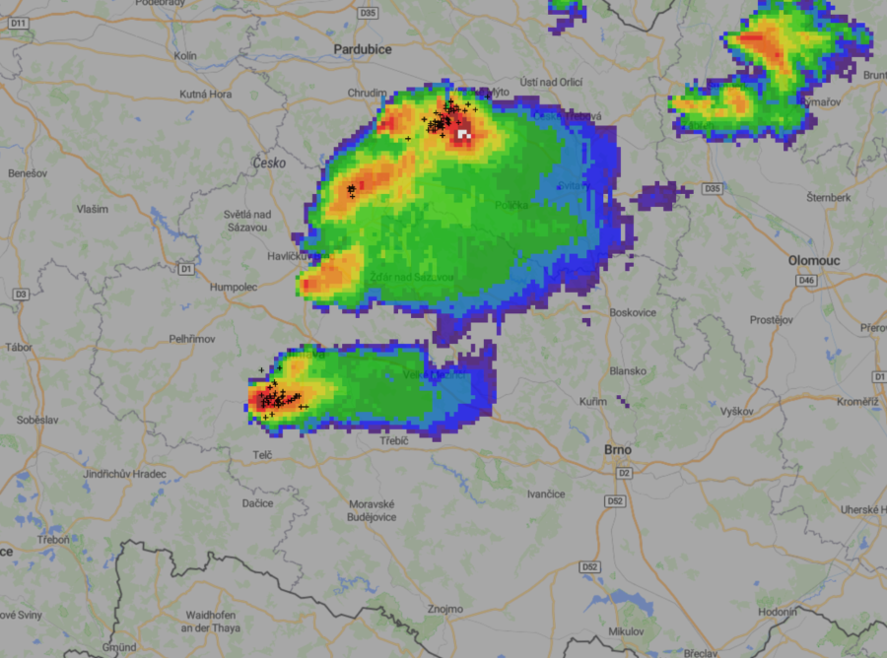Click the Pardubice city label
tap(362, 49)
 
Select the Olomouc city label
tap(815, 260)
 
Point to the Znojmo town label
tap(444, 609)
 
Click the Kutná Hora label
tap(206, 95)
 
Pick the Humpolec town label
tap(234, 287)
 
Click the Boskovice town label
tap(634, 312)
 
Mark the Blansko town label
tap(628, 371)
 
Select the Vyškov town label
tap(736, 411)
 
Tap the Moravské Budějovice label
tap(373, 510)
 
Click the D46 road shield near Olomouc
tap(808, 282)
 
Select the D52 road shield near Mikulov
tap(590, 567)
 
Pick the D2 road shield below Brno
tap(624, 474)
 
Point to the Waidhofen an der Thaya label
tap(214, 621)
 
